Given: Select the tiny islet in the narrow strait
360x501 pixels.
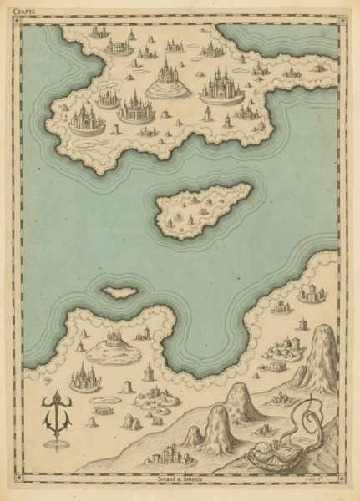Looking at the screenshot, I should pos(120,292).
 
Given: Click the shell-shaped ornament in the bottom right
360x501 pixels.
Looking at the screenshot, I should pos(272,456).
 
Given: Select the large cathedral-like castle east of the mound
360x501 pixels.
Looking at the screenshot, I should pos(221,85).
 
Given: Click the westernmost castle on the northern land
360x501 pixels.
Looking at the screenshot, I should pos(87,119).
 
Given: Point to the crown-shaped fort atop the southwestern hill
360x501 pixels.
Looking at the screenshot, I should pos(114,339).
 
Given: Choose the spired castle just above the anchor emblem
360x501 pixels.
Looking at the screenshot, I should pos(84,378).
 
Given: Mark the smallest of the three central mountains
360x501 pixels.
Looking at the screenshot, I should pos(194,434).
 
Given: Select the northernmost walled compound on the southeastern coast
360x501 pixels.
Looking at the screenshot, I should pos(312,293).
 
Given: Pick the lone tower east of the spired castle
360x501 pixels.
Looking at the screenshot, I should pos(148,372).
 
